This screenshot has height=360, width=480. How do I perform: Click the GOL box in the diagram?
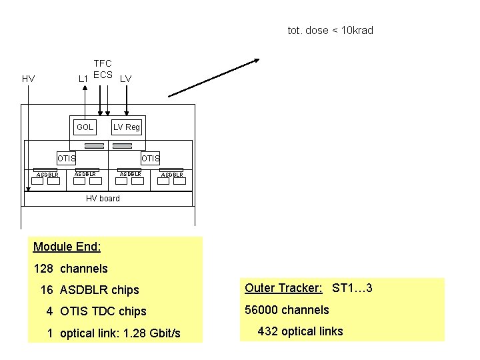[85, 127]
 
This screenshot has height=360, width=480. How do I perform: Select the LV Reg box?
[127, 127]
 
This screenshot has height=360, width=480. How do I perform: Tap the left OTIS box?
[67, 159]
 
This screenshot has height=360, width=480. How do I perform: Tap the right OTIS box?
[150, 159]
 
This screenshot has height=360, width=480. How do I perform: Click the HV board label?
[103, 198]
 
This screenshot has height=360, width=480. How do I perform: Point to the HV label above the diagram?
[28, 79]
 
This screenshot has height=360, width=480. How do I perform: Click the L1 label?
[84, 79]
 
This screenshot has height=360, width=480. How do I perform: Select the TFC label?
[103, 63]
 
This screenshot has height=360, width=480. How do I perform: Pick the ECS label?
[103, 74]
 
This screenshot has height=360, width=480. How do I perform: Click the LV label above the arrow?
[125, 79]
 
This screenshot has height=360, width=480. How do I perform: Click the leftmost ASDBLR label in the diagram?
[47, 175]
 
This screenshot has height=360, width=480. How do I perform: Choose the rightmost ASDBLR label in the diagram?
[172, 175]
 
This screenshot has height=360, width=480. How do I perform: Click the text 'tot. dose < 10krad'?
[330, 31]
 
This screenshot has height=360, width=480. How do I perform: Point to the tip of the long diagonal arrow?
[259, 61]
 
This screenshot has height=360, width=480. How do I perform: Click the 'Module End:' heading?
[67, 247]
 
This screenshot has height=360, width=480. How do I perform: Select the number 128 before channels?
[43, 269]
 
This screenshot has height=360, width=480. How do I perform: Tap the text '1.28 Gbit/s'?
[153, 333]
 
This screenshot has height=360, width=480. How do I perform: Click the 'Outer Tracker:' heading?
[283, 288]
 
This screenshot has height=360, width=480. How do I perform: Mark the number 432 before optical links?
[268, 331]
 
